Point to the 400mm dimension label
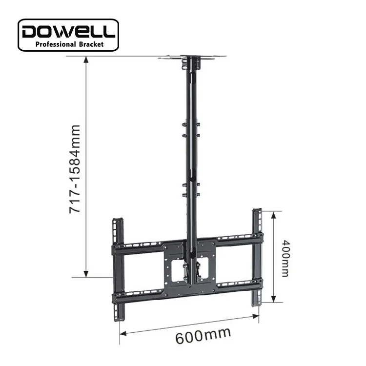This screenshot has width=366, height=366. [x=285, y=258]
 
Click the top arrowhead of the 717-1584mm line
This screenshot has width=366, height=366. [x=86, y=60]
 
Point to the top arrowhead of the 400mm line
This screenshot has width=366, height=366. [x=273, y=215]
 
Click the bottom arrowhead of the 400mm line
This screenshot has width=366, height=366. [x=273, y=300]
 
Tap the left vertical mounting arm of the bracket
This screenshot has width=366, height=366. [x=117, y=268]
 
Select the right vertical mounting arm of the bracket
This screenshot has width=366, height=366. [x=257, y=256]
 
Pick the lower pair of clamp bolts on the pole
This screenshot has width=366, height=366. [x=191, y=190]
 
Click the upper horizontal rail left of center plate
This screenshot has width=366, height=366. [x=142, y=246]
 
